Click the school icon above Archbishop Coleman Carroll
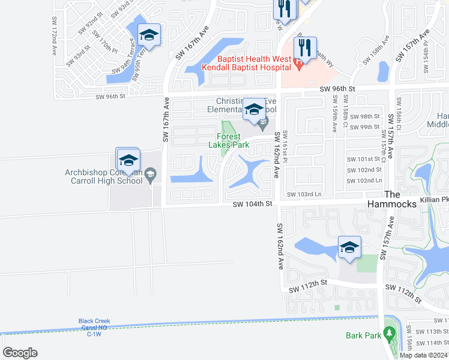pyautogui.click(x=128, y=160)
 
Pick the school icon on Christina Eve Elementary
pyautogui.click(x=255, y=109)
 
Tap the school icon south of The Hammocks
pyautogui.click(x=349, y=247)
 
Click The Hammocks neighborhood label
pyautogui.click(x=400, y=200)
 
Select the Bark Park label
pyautogui.click(x=363, y=336)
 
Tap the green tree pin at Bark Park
pyautogui.click(x=389, y=332)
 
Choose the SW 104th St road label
pyautogui.click(x=253, y=204)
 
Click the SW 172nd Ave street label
pyautogui.click(x=53, y=35)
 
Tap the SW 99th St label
pyautogui.click(x=367, y=127)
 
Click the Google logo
pyautogui.click(x=20, y=353)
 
